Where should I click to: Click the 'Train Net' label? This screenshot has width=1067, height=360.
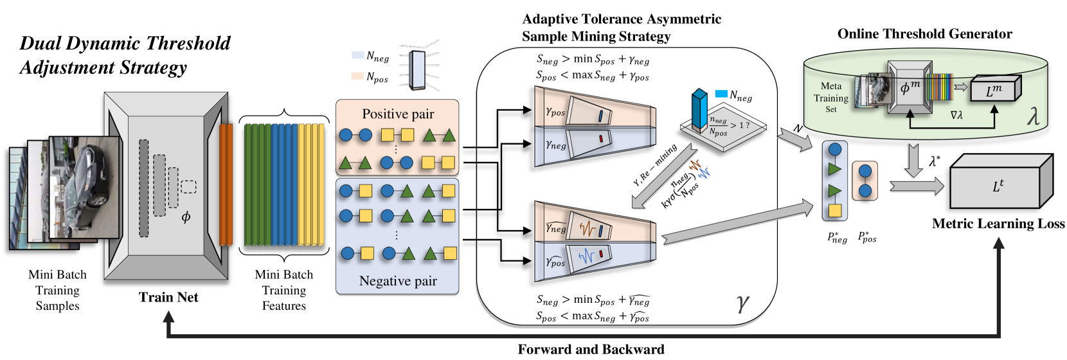click(x=168, y=297)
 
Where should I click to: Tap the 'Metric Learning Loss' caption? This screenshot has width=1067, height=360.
click(x=998, y=224)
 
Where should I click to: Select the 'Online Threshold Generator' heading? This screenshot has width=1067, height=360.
click(x=924, y=34)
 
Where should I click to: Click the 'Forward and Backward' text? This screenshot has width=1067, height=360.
click(x=591, y=349)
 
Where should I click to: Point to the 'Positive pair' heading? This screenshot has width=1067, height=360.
click(x=398, y=114)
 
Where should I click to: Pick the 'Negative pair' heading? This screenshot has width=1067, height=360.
click(x=398, y=281)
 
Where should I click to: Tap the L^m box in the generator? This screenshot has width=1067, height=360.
click(x=994, y=91)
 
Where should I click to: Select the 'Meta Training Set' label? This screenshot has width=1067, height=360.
click(x=830, y=98)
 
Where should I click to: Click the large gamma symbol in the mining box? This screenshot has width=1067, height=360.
click(x=742, y=301)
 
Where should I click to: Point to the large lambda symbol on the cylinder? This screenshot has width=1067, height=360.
click(x=1033, y=116)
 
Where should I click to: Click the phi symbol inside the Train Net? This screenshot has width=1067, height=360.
click(x=186, y=217)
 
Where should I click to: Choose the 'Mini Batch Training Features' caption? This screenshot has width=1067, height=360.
click(x=283, y=290)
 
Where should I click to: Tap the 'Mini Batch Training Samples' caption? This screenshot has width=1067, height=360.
click(x=57, y=290)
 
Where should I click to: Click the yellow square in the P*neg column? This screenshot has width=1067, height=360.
click(x=835, y=210)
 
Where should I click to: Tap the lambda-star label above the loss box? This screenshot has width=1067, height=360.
click(x=934, y=161)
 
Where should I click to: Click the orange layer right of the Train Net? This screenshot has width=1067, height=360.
click(x=226, y=184)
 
